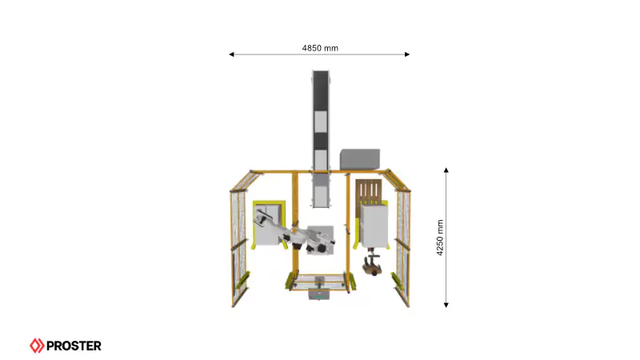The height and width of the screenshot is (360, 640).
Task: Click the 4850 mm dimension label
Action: point(320,48)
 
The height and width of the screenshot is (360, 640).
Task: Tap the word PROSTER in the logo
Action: point(74,346)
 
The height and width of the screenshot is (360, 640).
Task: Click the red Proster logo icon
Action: point(37,346)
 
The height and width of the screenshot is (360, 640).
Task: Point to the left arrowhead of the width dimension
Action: point(232,54)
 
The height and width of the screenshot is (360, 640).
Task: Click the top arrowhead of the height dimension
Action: point(446,170)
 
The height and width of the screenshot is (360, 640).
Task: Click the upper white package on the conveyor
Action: point(320,121)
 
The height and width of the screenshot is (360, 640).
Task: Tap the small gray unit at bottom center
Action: point(319,294)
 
